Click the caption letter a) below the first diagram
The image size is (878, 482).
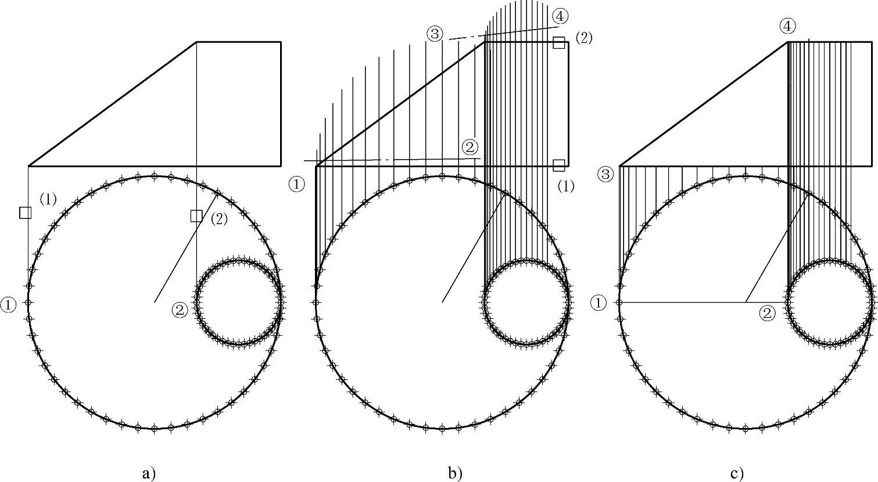[x=149, y=473]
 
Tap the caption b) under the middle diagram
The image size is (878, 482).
[x=455, y=473]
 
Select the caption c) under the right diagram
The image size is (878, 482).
[x=737, y=473]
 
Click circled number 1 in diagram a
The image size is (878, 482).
[x=9, y=304]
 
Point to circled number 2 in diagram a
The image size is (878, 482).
[x=180, y=310]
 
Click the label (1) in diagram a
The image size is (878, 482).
[x=48, y=199]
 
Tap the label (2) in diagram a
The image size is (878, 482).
[x=219, y=219]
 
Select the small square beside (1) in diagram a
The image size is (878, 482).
[x=25, y=213]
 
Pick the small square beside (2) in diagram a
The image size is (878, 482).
[x=196, y=215]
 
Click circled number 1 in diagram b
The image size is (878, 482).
[x=296, y=185]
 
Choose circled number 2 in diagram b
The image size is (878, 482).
[x=470, y=146]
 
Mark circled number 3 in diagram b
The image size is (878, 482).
[x=434, y=34]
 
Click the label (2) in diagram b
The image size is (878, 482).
[x=583, y=38]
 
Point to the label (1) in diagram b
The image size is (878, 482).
[x=565, y=186]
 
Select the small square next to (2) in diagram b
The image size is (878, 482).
[x=559, y=42]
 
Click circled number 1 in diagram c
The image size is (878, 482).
[x=599, y=303]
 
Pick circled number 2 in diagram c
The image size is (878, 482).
[x=768, y=314]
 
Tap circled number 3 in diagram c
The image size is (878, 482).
[x=606, y=174]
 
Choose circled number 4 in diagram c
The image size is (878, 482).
[x=788, y=26]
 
